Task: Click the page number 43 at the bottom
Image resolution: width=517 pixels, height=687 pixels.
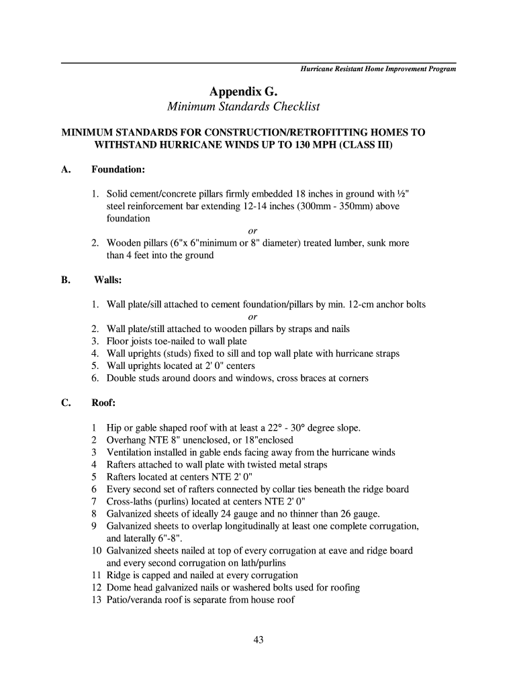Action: click(x=258, y=639)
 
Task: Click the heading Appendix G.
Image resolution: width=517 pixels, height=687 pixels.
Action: click(x=242, y=91)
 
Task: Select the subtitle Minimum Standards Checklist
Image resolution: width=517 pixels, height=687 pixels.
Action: click(x=242, y=107)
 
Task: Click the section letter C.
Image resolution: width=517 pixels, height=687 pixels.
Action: click(x=66, y=403)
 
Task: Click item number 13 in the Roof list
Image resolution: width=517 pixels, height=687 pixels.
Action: click(x=96, y=600)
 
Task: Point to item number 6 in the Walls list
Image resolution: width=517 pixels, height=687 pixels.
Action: click(x=96, y=378)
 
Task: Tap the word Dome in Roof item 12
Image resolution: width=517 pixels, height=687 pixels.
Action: click(x=119, y=588)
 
